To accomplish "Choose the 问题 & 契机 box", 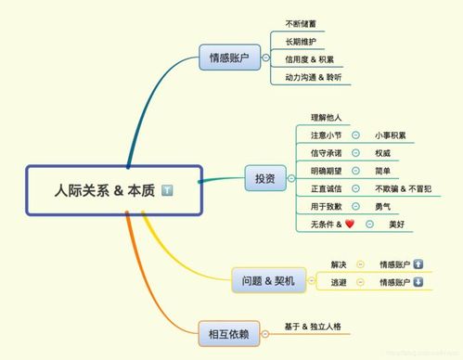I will (266, 279).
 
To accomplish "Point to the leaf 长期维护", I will (302, 42).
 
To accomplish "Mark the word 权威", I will (383, 153).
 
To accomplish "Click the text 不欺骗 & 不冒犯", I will (405, 188).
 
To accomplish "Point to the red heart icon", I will (350, 224).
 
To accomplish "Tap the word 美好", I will (397, 224).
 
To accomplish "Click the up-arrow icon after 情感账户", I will (418, 264).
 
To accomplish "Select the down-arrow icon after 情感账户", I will (418, 282).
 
